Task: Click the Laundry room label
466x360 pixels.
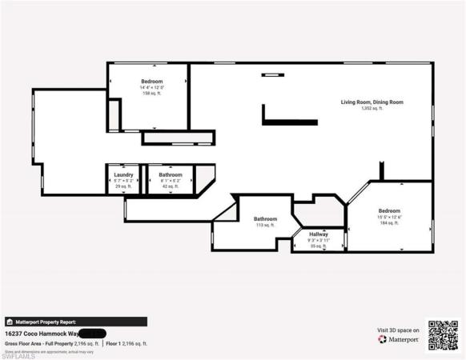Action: (x=123, y=174)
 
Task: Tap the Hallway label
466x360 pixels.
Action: (x=319, y=234)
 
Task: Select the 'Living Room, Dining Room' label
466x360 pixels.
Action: (x=371, y=102)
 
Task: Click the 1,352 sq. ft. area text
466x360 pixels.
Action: (x=371, y=109)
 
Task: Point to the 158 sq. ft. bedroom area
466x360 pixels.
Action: (x=152, y=94)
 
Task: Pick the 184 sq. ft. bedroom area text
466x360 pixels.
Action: (x=390, y=224)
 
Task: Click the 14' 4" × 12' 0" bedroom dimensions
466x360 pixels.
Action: (x=152, y=88)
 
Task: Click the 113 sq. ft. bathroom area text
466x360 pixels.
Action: (x=265, y=226)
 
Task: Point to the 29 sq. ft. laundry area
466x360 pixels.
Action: (x=123, y=186)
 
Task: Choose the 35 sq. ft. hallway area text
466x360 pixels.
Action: (x=319, y=246)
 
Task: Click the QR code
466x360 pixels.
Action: (x=443, y=334)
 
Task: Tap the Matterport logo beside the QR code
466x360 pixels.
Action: (x=398, y=338)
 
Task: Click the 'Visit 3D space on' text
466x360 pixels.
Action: (x=398, y=329)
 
